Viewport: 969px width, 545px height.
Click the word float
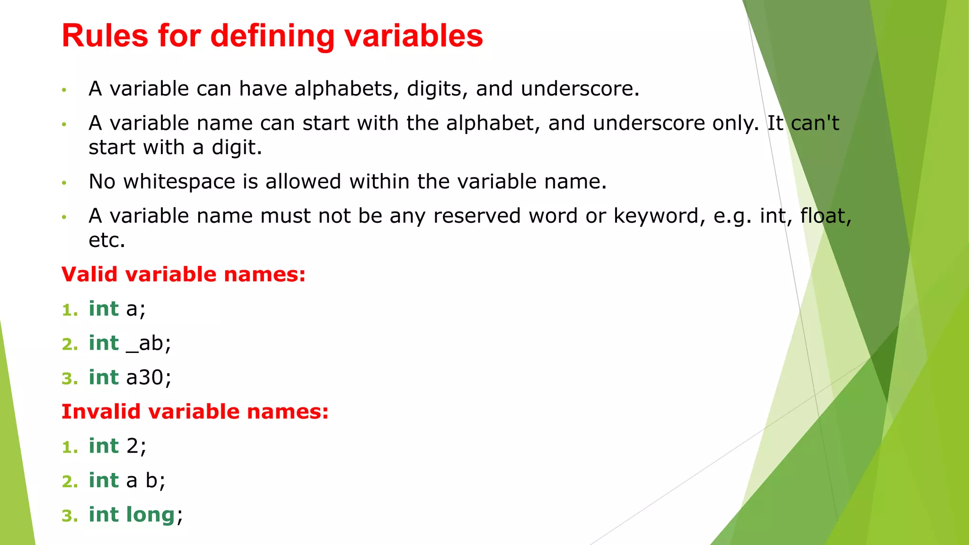(x=825, y=216)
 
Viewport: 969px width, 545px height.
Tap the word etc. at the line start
(x=106, y=240)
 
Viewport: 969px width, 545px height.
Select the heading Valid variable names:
(x=184, y=274)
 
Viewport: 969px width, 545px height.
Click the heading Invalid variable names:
(x=195, y=412)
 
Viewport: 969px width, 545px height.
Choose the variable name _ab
(x=148, y=343)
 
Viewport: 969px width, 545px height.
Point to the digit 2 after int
(x=132, y=446)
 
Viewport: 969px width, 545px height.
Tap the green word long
(x=151, y=515)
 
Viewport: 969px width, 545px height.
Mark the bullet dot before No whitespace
(x=64, y=183)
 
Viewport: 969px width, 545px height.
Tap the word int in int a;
(x=104, y=309)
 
